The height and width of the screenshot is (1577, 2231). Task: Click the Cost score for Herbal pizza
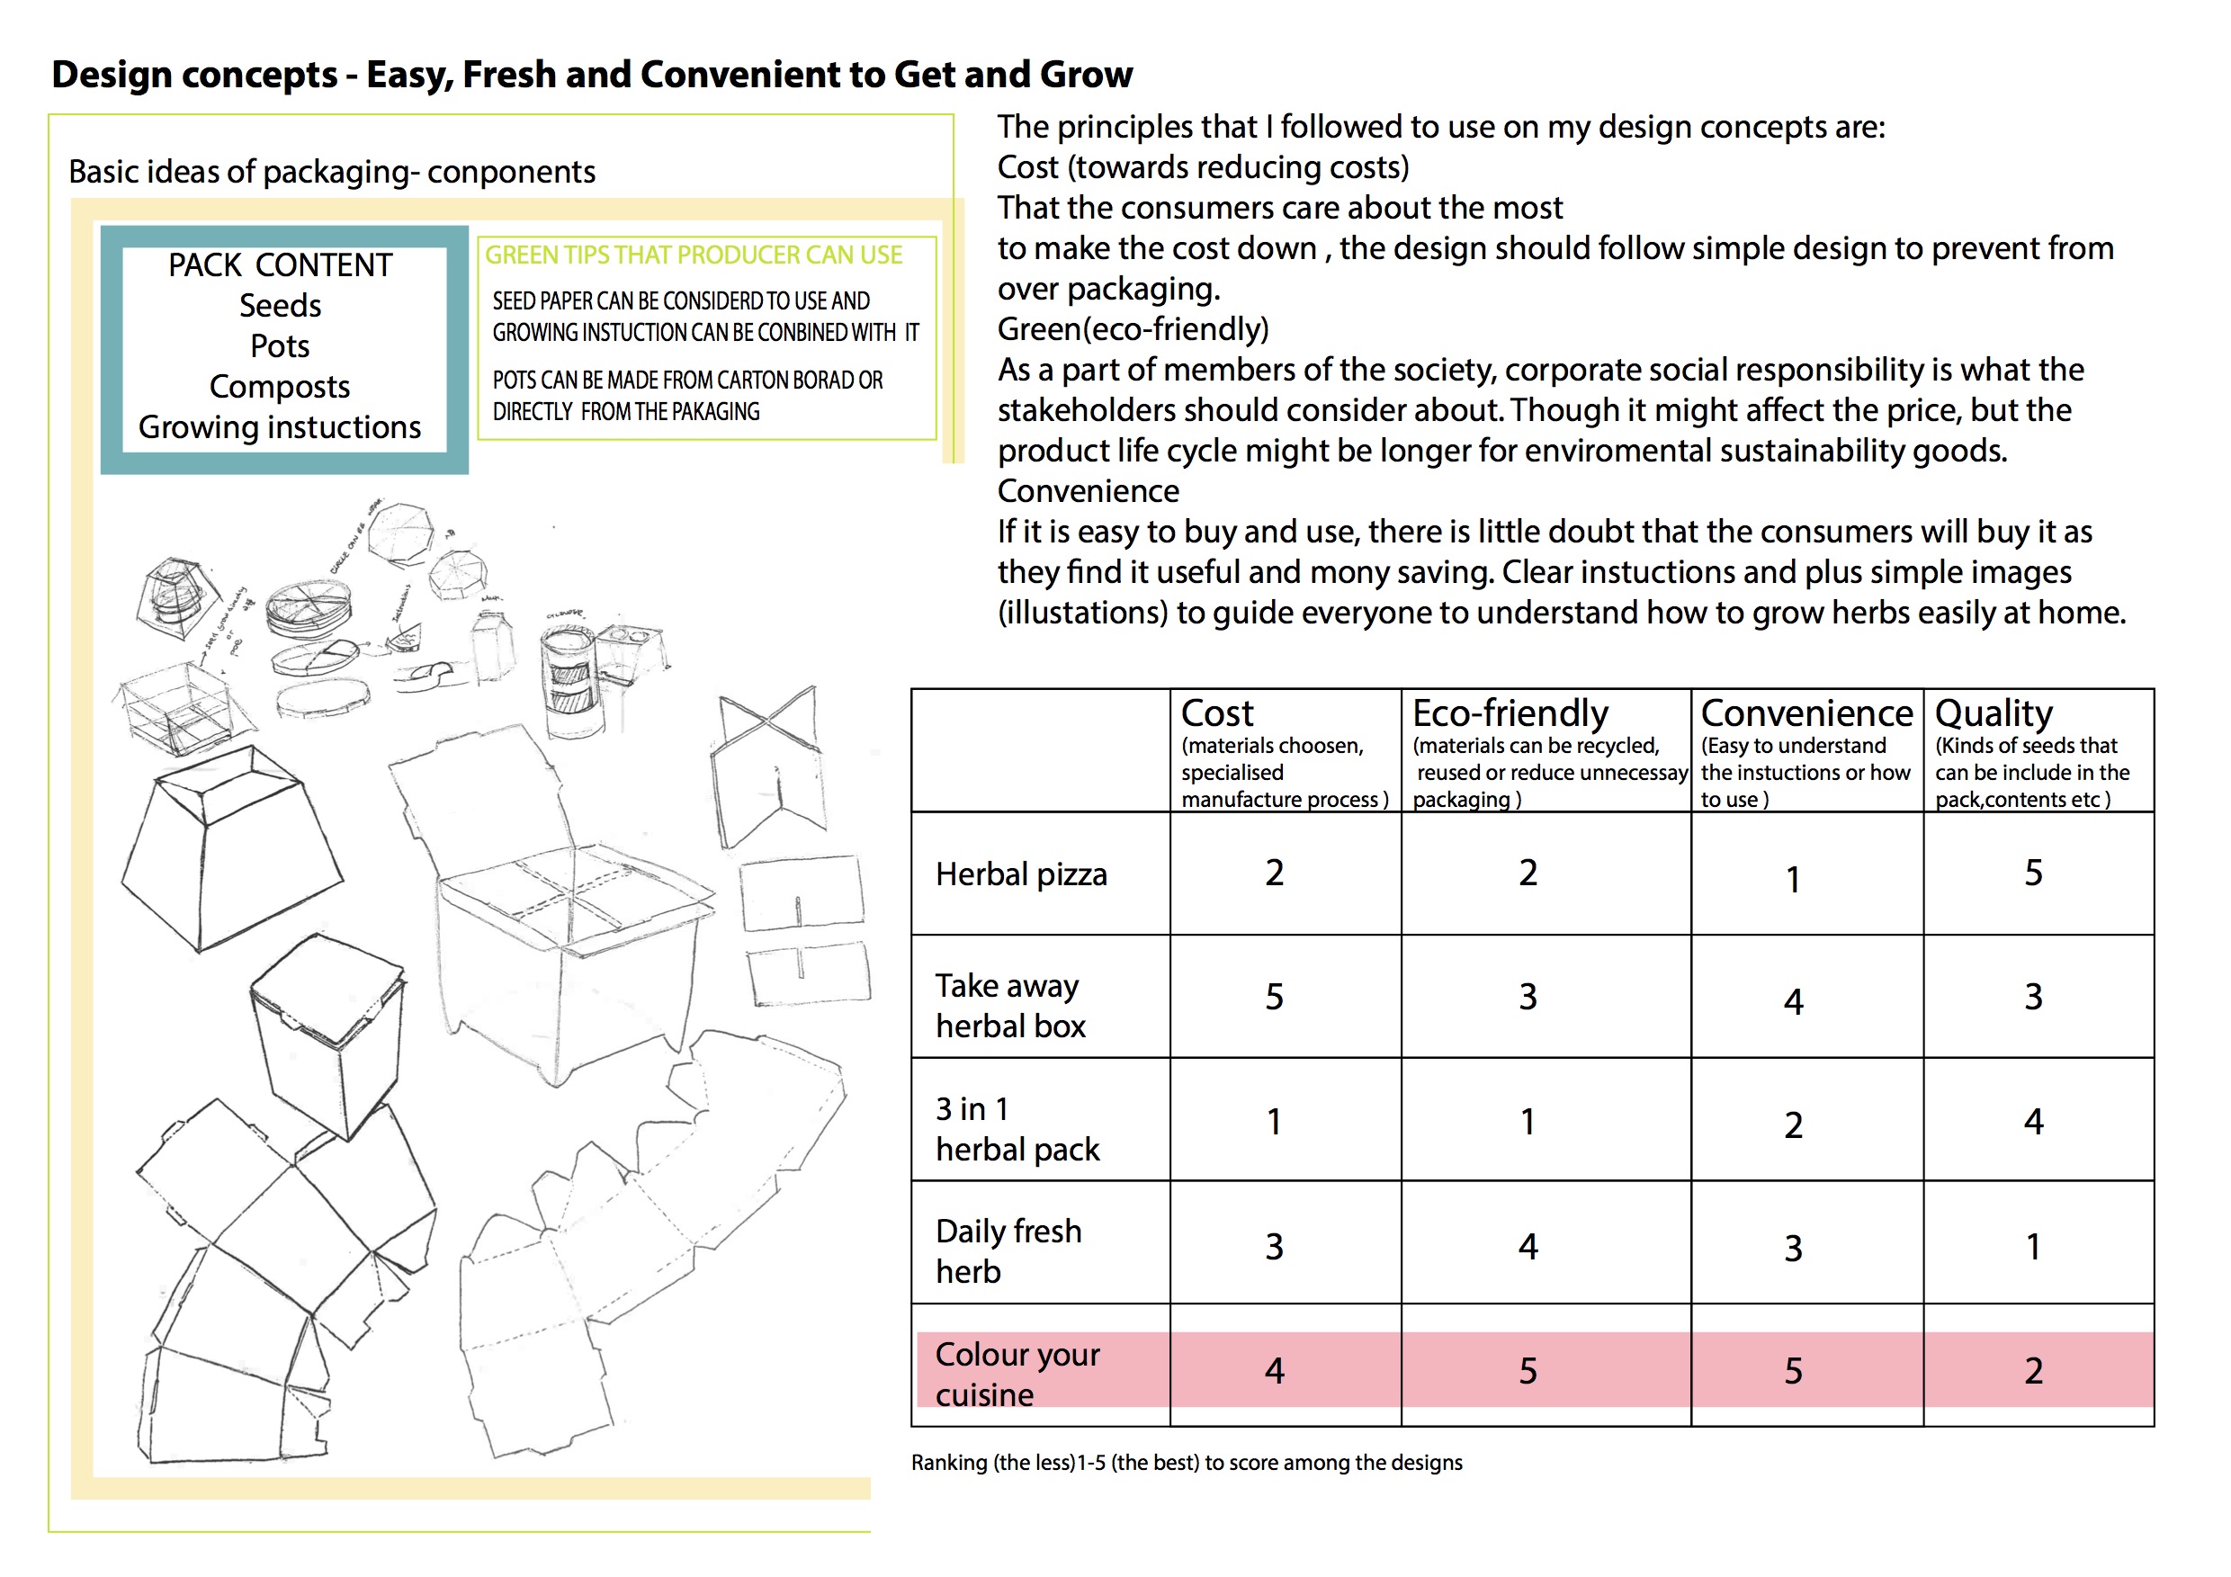(1274, 873)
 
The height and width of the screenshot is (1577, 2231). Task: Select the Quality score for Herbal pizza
(2033, 873)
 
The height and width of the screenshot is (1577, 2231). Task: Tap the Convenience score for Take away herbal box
(1793, 1001)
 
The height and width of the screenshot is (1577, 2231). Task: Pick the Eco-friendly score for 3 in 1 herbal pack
(1528, 1123)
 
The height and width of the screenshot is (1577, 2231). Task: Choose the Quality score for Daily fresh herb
(2033, 1247)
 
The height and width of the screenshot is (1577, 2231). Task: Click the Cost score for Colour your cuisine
(1274, 1370)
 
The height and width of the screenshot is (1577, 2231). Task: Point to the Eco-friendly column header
(1510, 713)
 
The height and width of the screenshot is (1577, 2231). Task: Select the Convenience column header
(1806, 713)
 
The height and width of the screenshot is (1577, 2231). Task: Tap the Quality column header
(1993, 713)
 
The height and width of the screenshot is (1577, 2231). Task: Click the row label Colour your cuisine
(1017, 1373)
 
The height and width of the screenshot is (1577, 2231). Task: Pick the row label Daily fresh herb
(1008, 1250)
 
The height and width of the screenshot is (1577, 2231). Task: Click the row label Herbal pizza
(1020, 874)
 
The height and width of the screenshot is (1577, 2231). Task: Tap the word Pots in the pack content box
(280, 346)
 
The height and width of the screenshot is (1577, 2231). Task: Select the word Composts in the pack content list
(280, 387)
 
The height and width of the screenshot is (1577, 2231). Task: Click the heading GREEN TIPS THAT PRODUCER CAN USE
(693, 255)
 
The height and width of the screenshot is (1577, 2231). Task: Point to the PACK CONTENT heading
(280, 265)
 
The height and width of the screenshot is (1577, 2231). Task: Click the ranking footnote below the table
(1186, 1463)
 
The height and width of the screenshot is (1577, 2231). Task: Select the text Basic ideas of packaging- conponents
(331, 172)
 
